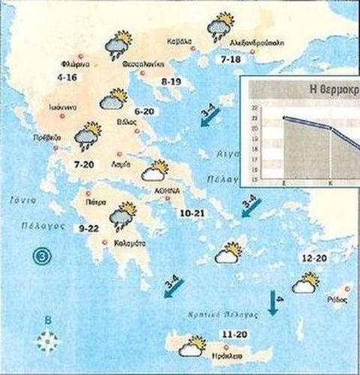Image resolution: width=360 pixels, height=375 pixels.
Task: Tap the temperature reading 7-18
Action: [x=229, y=58]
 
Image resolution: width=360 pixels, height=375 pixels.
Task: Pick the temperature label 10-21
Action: [x=193, y=214]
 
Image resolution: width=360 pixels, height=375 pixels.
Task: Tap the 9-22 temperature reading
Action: [x=88, y=228]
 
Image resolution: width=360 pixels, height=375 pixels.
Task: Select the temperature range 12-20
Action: [x=313, y=259]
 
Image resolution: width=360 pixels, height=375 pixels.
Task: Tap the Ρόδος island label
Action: [x=338, y=298]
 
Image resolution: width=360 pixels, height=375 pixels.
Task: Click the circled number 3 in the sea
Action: [x=43, y=256]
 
